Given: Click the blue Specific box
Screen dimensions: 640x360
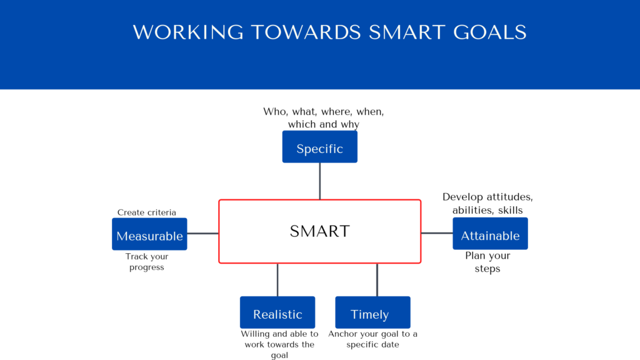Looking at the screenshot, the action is [319, 147].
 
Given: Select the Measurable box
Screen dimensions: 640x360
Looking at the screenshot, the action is [149, 234].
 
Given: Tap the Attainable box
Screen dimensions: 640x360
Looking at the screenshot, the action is [490, 234].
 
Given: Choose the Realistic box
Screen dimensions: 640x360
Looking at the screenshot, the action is [277, 312].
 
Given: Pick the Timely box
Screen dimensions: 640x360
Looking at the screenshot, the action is [372, 312].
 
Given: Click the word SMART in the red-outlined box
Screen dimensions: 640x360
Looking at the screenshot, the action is [319, 231].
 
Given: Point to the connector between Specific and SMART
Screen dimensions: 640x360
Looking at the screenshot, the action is [319, 181].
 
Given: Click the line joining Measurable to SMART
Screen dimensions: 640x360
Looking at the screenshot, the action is [203, 234].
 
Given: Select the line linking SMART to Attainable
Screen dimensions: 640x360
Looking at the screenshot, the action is [437, 233].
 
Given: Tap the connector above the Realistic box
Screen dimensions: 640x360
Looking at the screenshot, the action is [277, 280].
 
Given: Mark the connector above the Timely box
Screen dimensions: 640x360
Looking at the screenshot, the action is [377, 280].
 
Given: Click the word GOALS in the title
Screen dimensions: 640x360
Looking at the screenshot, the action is [490, 32].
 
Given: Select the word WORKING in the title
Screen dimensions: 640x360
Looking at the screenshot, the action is [188, 32].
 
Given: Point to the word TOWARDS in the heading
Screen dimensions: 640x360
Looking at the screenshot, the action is [306, 32].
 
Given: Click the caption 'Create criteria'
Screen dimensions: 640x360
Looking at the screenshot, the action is [146, 212].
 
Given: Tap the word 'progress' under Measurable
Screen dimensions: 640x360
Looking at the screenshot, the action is [146, 267].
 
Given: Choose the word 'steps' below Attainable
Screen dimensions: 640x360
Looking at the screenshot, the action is [487, 269].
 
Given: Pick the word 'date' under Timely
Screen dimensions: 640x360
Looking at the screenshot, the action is [389, 344].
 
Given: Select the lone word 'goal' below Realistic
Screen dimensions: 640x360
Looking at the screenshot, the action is [279, 356].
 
